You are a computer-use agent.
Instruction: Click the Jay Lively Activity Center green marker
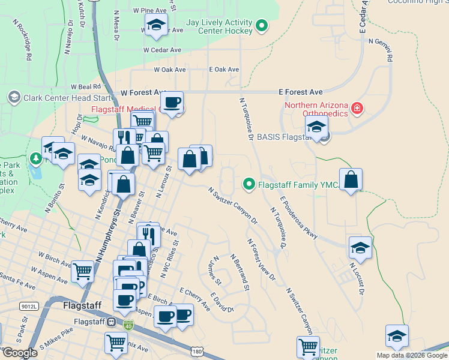pos(262,26)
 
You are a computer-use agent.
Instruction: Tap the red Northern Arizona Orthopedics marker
pos(357,109)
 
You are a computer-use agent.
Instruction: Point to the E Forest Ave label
pos(301,92)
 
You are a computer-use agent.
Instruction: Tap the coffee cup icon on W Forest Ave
pos(172,102)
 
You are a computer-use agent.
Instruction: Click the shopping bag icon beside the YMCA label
pos(351,179)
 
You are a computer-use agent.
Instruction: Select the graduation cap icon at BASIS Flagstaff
pos(316,127)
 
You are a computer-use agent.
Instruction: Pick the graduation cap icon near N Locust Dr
pos(360,247)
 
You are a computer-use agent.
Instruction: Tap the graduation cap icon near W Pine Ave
pos(155,24)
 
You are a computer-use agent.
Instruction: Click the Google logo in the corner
pos(19,353)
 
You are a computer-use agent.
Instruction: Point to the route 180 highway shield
pos(197,350)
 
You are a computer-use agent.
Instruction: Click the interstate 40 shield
pos(128,325)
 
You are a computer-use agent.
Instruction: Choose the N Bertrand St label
pos(239,272)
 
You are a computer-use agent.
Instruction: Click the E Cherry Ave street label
pos(194,299)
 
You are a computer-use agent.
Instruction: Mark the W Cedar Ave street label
pos(162,50)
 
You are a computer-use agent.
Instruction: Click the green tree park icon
pos(37,158)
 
